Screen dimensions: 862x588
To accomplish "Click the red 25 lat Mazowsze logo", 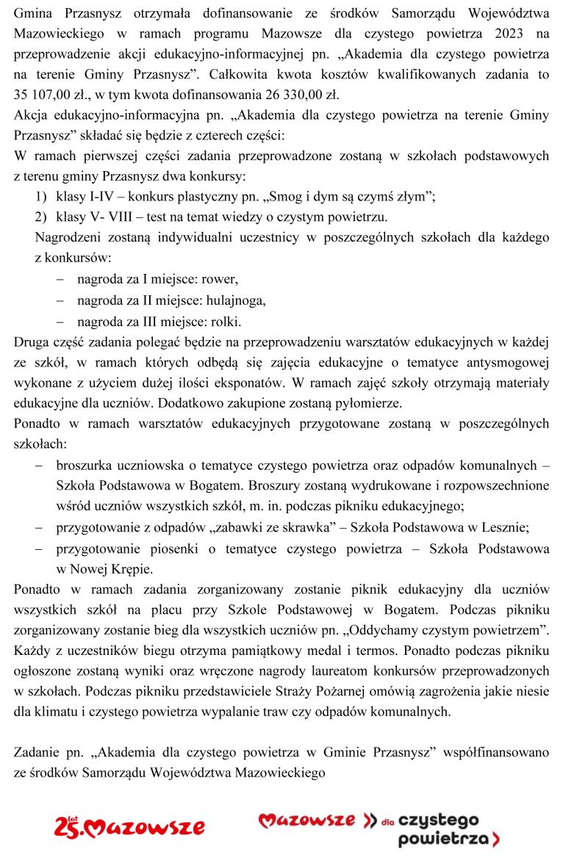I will click(129, 827).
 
